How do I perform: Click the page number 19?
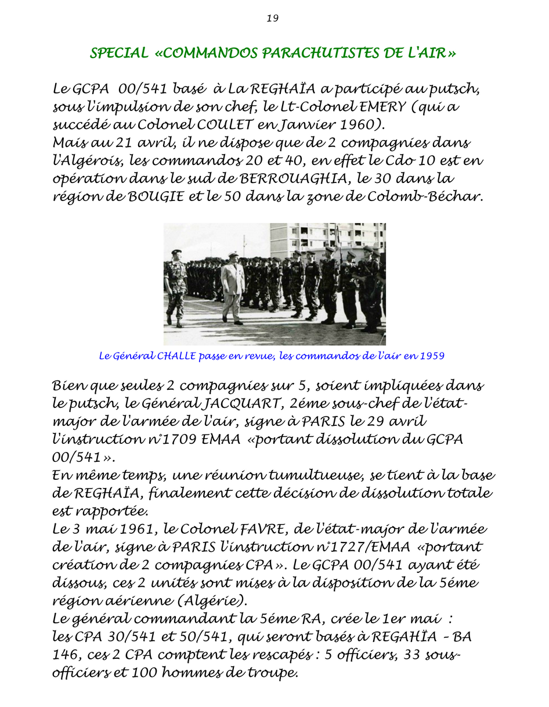tap(273, 18)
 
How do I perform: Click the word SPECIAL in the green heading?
tap(119, 53)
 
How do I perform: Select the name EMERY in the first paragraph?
tap(369, 108)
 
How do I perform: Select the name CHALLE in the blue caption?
tap(176, 356)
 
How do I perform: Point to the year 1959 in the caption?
tap(432, 356)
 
